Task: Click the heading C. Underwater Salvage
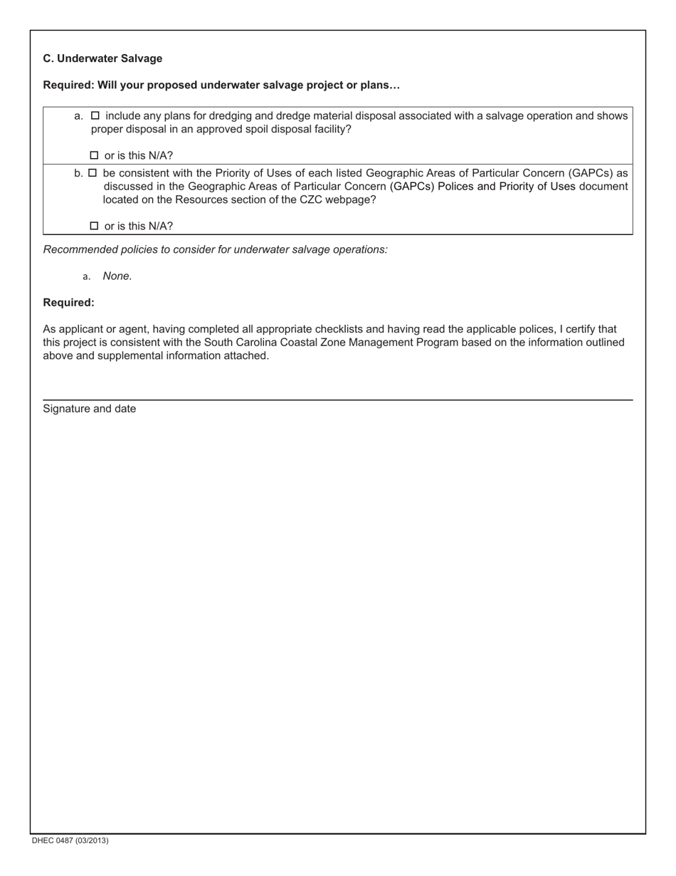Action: coord(102,58)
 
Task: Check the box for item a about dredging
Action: coord(95,115)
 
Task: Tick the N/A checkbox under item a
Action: coord(95,155)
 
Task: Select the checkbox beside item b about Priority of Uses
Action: coord(93,172)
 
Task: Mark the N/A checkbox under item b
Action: coord(95,226)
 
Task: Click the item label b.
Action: coord(78,172)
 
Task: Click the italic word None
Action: coord(117,276)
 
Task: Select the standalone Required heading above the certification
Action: coord(68,303)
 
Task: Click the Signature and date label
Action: coord(90,409)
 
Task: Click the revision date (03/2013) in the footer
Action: coord(94,840)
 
